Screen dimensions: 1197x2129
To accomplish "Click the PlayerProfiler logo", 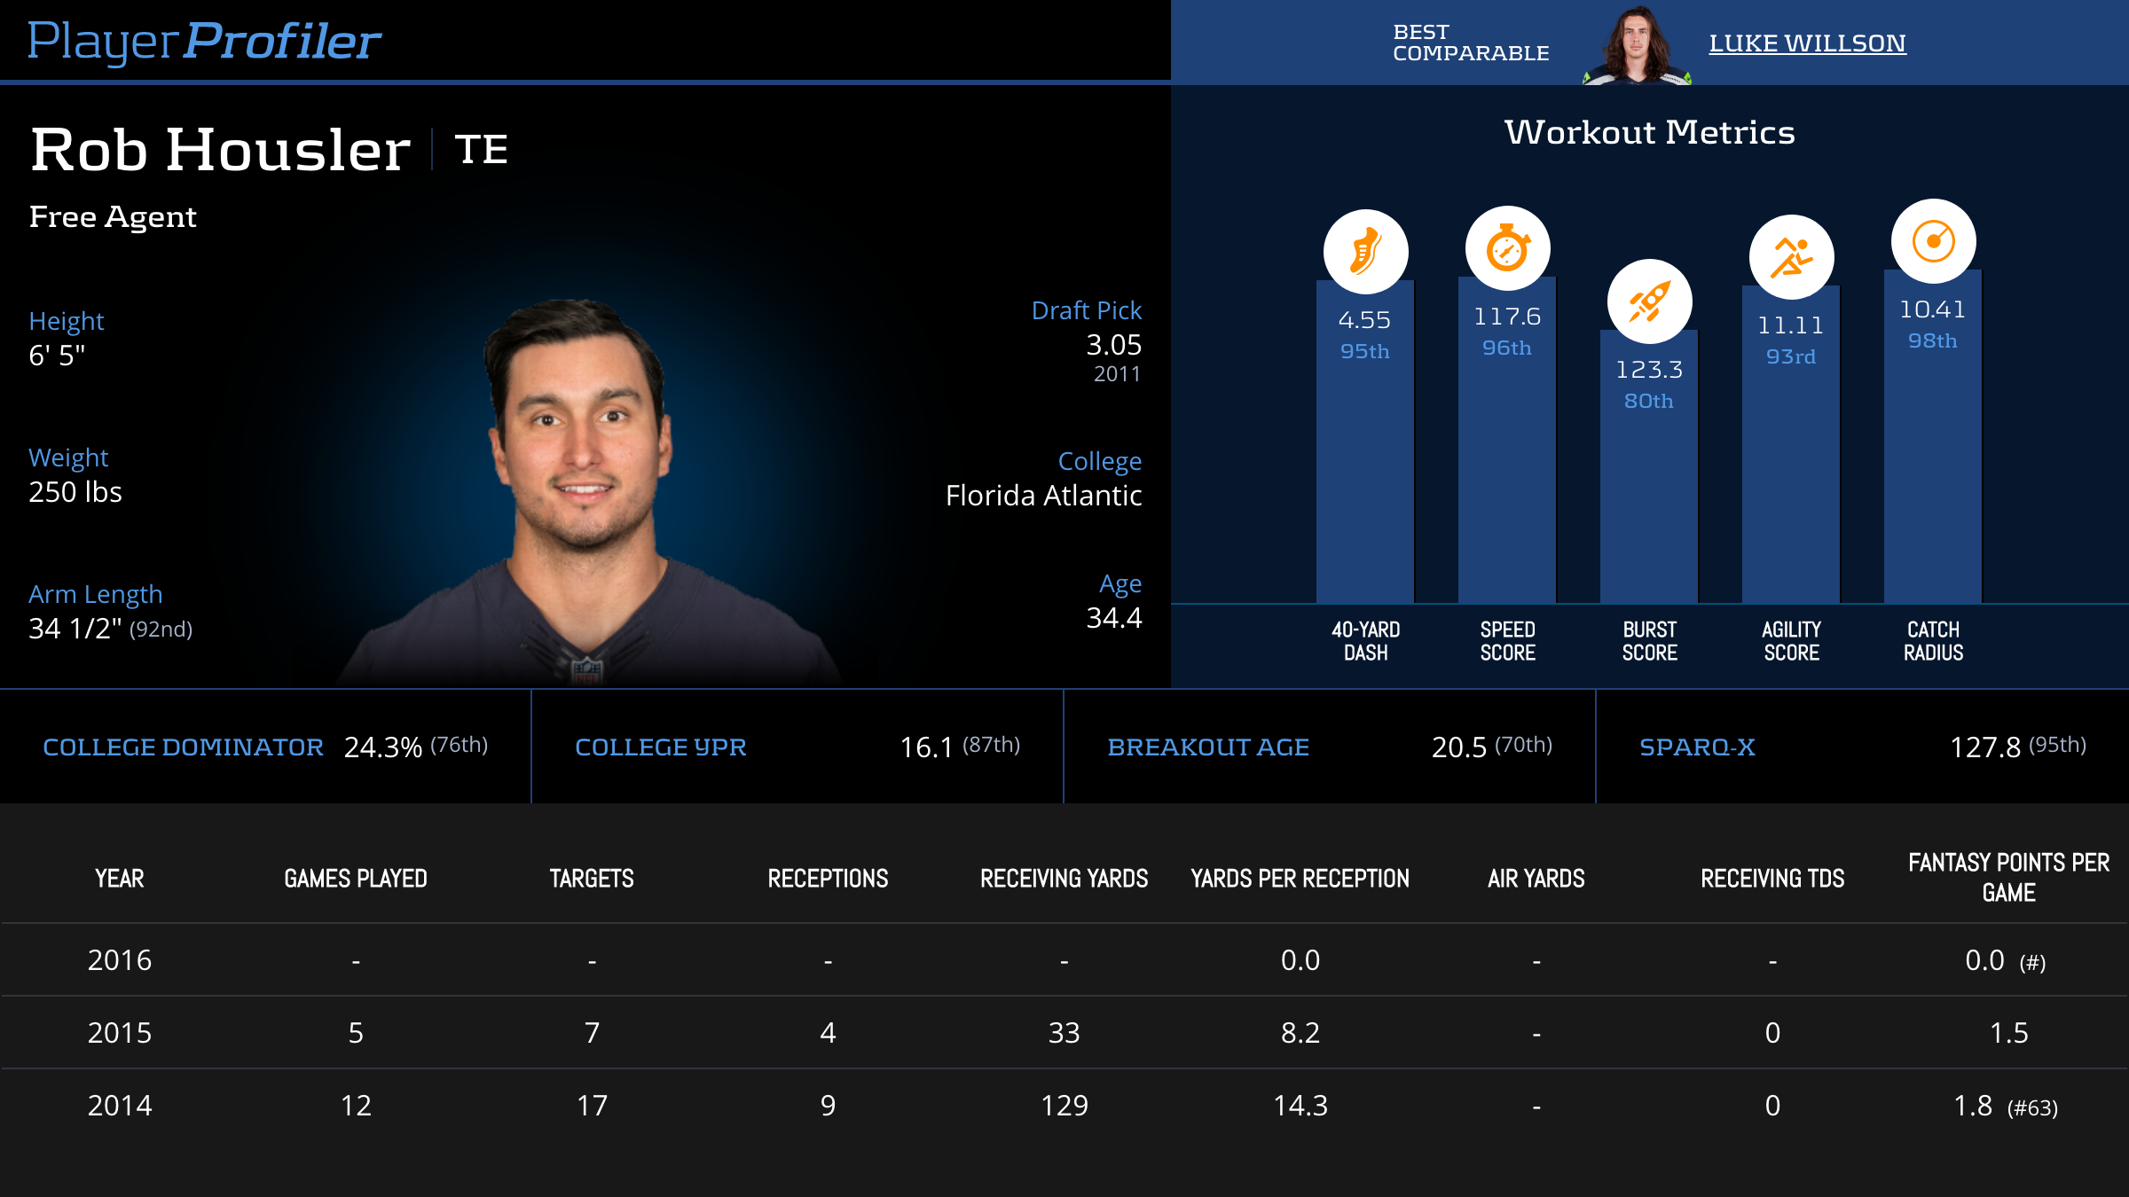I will click(x=204, y=42).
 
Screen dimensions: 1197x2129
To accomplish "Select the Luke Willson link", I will click(x=1807, y=43).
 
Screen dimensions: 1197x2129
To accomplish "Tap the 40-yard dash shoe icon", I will click(x=1365, y=252).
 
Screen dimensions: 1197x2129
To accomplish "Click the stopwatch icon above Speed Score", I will click(x=1507, y=248).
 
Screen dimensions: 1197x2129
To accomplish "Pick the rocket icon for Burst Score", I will click(x=1649, y=301).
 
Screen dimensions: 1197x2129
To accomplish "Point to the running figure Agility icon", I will click(x=1791, y=257).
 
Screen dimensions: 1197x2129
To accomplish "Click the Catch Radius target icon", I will click(x=1933, y=241).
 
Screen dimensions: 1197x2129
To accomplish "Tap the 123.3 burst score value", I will click(x=1649, y=369).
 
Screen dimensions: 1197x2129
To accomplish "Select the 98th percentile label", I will click(x=1933, y=340).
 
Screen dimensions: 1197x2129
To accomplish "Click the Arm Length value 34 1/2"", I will click(x=75, y=629).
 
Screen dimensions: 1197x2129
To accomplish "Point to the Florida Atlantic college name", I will click(x=1043, y=496).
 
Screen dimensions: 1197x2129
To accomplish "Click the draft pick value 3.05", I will click(x=1113, y=345).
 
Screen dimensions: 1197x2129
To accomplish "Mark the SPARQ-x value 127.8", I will click(x=1984, y=747).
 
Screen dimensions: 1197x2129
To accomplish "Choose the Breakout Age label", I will click(x=1208, y=747).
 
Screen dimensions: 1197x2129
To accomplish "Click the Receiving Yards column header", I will click(x=1064, y=879).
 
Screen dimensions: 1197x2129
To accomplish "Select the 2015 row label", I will click(x=120, y=1033).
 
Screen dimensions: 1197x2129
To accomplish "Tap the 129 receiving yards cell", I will click(x=1064, y=1106).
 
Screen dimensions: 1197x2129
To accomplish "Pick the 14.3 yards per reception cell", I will click(x=1300, y=1106).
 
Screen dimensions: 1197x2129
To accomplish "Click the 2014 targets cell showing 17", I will click(x=592, y=1106).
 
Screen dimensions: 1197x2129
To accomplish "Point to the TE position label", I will click(x=481, y=149).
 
